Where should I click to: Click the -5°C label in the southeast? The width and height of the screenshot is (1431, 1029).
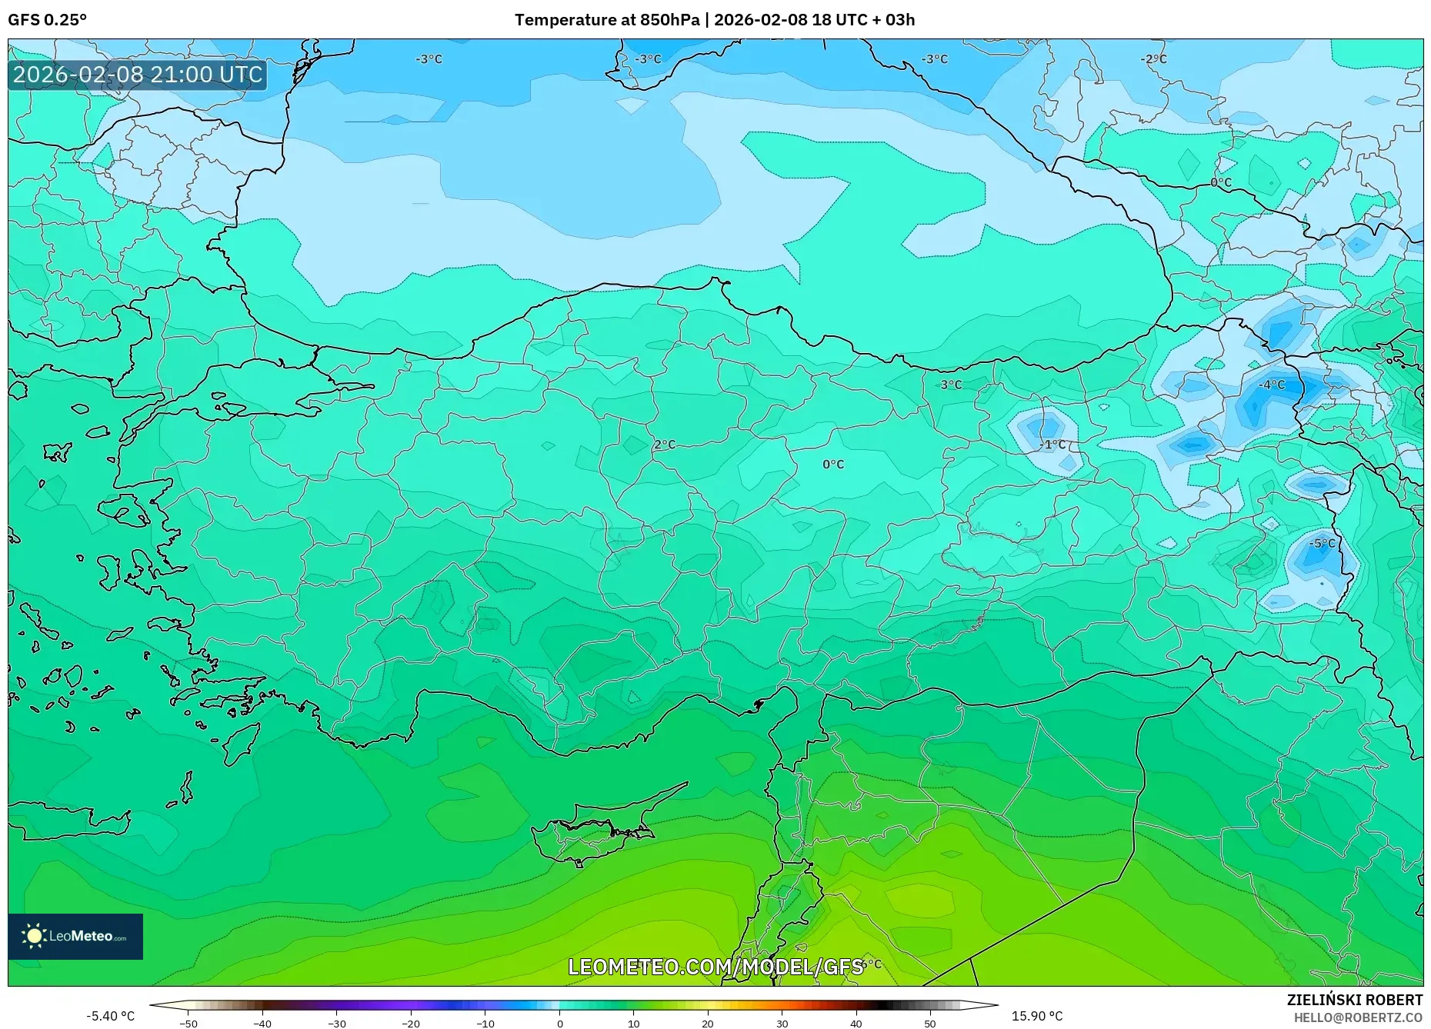coord(1322,543)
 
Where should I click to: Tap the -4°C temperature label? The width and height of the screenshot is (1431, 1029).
coord(1272,385)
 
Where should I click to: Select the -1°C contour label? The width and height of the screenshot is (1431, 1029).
coord(1052,445)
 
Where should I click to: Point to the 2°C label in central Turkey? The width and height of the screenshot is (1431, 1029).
coord(665,445)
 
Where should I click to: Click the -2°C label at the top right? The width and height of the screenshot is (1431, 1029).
coord(1153,59)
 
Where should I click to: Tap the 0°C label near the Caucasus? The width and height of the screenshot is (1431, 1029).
coord(1221,182)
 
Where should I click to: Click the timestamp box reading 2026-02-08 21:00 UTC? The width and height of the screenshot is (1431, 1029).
coord(138,75)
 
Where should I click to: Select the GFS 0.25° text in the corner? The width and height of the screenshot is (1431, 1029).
coord(48,20)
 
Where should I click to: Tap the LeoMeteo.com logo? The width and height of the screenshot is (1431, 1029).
coord(75,936)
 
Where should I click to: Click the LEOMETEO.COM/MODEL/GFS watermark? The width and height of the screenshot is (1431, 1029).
coord(715,967)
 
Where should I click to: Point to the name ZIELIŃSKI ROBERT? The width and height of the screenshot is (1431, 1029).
coord(1354,1000)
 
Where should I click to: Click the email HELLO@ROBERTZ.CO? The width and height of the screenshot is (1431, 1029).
coord(1357,1017)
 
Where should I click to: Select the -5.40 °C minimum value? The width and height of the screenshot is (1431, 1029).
coord(110,1016)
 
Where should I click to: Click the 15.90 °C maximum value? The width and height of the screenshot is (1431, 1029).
coord(1036,1016)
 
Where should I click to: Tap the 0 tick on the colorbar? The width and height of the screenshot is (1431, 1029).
coord(559,1024)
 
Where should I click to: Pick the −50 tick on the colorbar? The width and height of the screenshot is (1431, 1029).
coord(188,1024)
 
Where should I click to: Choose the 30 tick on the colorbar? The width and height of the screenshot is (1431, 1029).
coord(782,1024)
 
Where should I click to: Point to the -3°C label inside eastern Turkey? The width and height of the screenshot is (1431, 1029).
coord(951,385)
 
